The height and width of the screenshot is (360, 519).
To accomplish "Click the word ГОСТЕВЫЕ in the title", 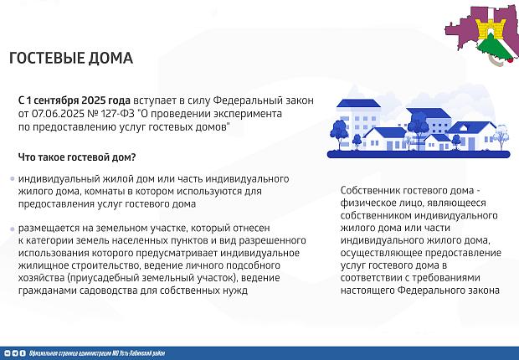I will (49, 59).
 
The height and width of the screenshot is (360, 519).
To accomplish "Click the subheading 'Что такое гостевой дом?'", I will (77, 157).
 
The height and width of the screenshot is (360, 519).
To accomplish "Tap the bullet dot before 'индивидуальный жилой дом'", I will (11, 180).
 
